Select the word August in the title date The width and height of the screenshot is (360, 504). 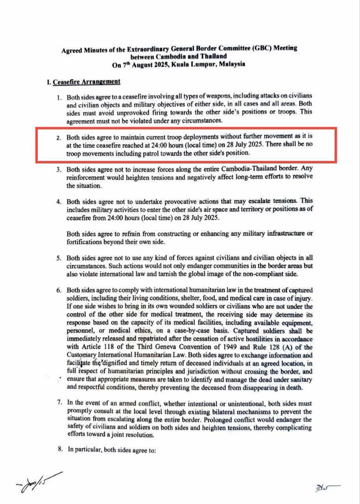(x=145, y=65)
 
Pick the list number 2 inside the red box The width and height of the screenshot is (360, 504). (x=59, y=138)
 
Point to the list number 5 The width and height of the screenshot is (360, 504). (x=59, y=258)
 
